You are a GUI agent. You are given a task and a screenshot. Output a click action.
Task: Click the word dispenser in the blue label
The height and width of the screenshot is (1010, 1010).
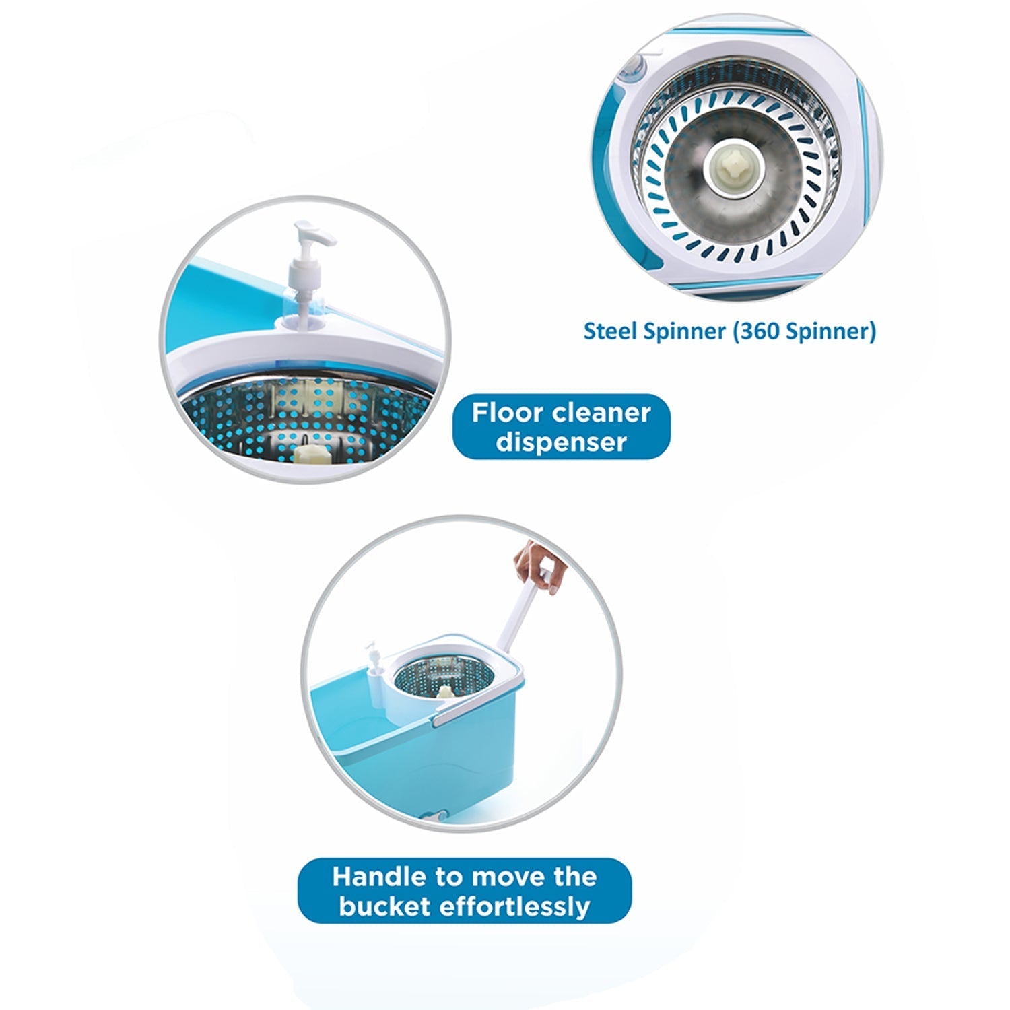(x=561, y=442)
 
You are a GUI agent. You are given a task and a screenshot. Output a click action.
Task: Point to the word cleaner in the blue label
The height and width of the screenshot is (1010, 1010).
(x=599, y=412)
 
